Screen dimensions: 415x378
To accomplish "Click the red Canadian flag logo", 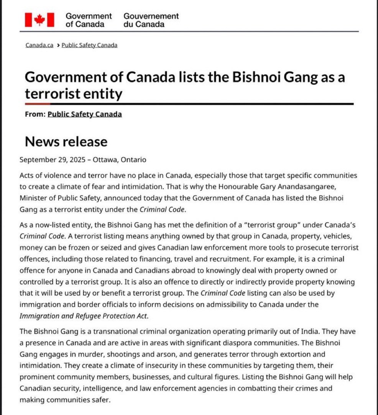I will pyautogui.click(x=39, y=20).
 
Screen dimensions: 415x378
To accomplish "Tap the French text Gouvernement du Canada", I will pyautogui.click(x=151, y=20).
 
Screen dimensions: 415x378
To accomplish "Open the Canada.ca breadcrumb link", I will pyautogui.click(x=39, y=45).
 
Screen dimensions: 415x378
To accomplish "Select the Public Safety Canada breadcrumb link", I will pyautogui.click(x=89, y=45).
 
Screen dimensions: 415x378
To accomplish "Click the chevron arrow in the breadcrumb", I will pyautogui.click(x=58, y=45).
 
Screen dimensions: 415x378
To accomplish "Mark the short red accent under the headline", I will pyautogui.click(x=38, y=104).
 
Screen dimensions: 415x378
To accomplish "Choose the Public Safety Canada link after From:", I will pyautogui.click(x=85, y=114).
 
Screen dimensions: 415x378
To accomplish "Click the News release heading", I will pyautogui.click(x=66, y=142).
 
